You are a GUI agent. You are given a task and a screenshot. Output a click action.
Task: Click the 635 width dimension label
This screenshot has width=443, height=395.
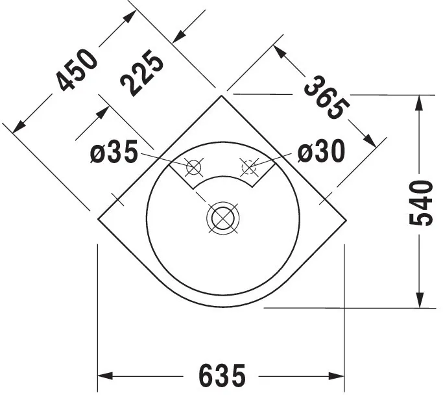[222, 376]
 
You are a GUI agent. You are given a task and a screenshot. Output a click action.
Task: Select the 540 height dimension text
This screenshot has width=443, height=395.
[421, 202]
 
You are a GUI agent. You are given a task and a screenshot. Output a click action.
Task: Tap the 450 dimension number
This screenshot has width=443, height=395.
[77, 70]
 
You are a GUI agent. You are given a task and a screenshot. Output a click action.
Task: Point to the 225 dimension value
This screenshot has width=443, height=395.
[143, 75]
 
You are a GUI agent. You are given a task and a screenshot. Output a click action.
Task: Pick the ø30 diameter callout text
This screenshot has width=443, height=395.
[321, 152]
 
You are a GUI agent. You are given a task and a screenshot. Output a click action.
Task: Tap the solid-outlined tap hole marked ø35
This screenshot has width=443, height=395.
[193, 167]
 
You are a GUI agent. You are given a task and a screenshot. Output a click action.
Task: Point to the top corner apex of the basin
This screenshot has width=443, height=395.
[222, 96]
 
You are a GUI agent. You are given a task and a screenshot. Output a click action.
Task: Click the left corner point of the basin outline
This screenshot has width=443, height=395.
[98, 219]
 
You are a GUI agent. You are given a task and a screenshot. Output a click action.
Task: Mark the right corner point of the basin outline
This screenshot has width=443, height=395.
[346, 219]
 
